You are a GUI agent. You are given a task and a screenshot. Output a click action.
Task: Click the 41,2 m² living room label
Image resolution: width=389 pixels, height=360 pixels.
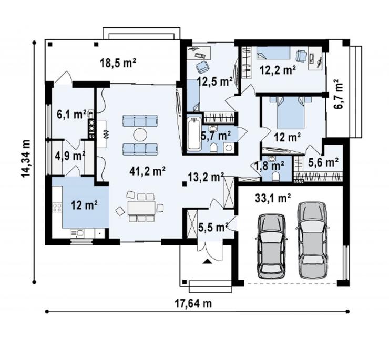(x=147, y=171)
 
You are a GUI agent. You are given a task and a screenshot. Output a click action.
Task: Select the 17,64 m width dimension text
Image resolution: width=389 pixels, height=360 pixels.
(x=193, y=303)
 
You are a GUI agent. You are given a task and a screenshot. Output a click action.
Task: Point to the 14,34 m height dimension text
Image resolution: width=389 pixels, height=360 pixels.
(x=26, y=159)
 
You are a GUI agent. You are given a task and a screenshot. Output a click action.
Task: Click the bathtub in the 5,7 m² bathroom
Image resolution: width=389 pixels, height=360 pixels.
(x=194, y=134)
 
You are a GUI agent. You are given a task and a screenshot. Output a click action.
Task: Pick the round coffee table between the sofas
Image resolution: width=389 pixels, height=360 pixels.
(x=140, y=135)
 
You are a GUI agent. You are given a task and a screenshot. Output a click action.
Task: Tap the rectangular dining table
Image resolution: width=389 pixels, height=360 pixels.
(x=141, y=208)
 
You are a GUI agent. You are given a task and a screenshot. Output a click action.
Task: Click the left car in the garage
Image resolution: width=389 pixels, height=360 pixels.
(x=271, y=245)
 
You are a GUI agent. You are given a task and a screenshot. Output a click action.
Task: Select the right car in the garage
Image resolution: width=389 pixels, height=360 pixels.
(x=312, y=240)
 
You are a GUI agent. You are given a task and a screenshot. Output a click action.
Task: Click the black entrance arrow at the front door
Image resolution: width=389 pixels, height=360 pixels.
(x=207, y=261)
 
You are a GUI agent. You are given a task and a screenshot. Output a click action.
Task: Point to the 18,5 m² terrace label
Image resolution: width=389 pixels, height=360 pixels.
(x=118, y=63)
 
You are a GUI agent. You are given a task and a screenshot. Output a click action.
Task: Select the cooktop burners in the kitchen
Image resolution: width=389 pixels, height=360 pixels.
(x=57, y=208)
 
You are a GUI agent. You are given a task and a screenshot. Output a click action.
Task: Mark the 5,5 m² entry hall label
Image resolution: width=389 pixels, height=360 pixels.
(x=213, y=227)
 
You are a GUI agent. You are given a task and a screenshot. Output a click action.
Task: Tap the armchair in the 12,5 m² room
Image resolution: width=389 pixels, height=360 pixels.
(x=202, y=67)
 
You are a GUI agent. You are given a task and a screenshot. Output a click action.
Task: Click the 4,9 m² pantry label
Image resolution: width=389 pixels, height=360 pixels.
(x=70, y=156)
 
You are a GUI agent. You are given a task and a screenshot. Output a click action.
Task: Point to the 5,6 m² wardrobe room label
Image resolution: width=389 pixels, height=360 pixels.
(x=323, y=162)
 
